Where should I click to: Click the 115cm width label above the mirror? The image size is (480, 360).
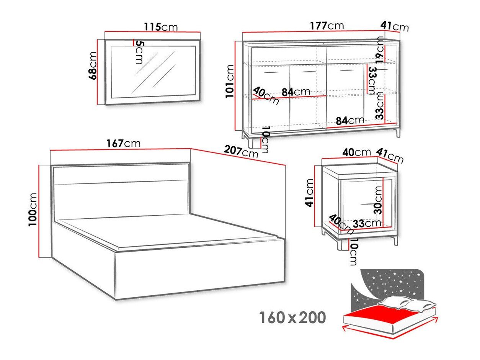point(161,27)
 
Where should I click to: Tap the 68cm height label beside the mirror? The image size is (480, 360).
point(93,65)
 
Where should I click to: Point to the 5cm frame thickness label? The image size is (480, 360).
point(139,52)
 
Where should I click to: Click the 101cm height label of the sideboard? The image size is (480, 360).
point(230,81)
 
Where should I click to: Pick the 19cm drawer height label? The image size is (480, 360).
point(379,49)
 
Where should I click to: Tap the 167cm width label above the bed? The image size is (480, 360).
point(123,144)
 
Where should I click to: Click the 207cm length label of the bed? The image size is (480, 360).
point(241,152)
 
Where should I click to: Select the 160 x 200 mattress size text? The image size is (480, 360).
point(293,318)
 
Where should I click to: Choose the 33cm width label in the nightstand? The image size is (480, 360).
point(367,223)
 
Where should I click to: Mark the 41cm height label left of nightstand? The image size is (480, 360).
point(309,193)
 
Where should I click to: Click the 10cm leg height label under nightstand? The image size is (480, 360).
point(353,252)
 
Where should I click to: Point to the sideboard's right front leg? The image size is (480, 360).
point(398,133)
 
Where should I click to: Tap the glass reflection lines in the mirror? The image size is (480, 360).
point(153,71)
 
